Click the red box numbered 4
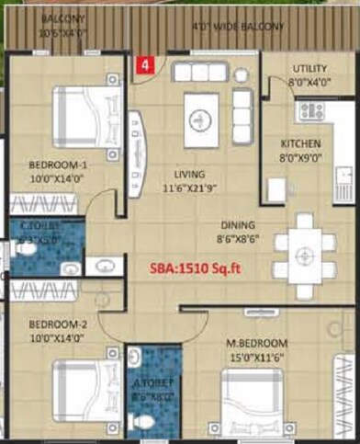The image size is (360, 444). click(x=144, y=65)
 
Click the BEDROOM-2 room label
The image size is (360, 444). click(x=57, y=324)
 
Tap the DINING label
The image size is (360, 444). click(x=237, y=224)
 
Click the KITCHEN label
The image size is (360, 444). click(x=300, y=144)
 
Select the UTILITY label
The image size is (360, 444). click(x=309, y=69)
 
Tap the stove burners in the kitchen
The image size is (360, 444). click(x=311, y=110)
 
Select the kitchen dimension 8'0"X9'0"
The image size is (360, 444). click(x=300, y=157)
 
